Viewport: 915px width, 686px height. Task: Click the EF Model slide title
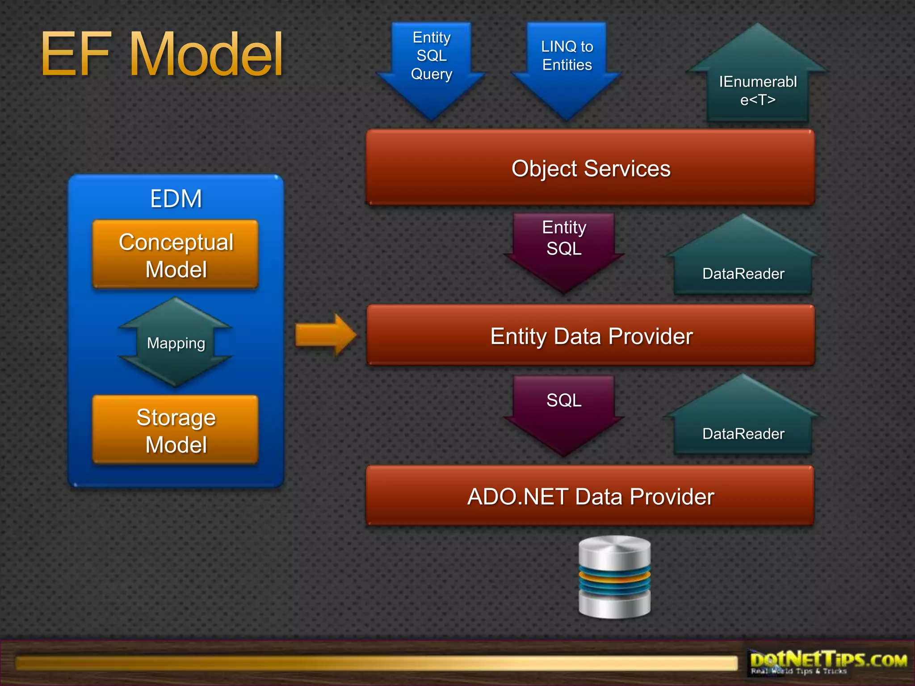tap(162, 54)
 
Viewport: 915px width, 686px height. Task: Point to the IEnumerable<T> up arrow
tap(758, 85)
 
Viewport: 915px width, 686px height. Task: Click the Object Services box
tap(590, 168)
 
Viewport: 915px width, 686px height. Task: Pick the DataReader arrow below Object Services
tap(743, 264)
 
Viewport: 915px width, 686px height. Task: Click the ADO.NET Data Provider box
tap(590, 496)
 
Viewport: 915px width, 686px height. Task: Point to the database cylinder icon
tap(614, 577)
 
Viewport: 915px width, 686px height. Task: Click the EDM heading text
tap(176, 199)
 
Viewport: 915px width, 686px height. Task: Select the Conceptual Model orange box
tap(176, 255)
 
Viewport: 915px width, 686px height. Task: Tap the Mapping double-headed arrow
tap(176, 343)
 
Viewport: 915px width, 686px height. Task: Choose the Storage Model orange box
tap(176, 430)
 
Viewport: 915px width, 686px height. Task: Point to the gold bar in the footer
tap(375, 663)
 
